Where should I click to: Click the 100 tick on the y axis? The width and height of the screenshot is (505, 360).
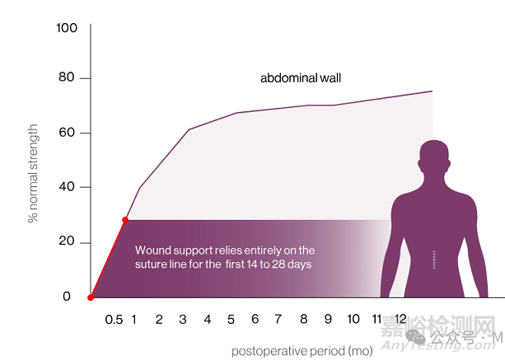pyautogui.click(x=67, y=28)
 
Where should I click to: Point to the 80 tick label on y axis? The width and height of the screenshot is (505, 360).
pyautogui.click(x=67, y=78)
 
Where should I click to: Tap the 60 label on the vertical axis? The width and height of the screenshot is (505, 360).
pyautogui.click(x=67, y=133)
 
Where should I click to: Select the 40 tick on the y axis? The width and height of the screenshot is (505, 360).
pyautogui.click(x=67, y=187)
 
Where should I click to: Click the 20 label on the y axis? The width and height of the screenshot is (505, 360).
pyautogui.click(x=67, y=242)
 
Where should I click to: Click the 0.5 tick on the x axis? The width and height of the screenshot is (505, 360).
pyautogui.click(x=114, y=319)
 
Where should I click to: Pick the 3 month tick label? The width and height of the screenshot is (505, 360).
pyautogui.click(x=184, y=319)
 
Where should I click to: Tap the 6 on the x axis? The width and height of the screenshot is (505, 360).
pyautogui.click(x=255, y=319)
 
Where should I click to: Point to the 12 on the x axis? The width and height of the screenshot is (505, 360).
pyautogui.click(x=400, y=319)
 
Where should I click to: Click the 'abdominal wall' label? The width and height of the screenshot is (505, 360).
pyautogui.click(x=301, y=79)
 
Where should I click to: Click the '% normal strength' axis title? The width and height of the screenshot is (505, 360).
pyautogui.click(x=34, y=173)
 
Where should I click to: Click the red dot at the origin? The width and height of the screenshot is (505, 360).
pyautogui.click(x=91, y=297)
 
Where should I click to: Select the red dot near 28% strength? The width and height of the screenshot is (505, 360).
pyautogui.click(x=125, y=220)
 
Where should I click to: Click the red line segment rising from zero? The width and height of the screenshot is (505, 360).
pyautogui.click(x=108, y=259)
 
